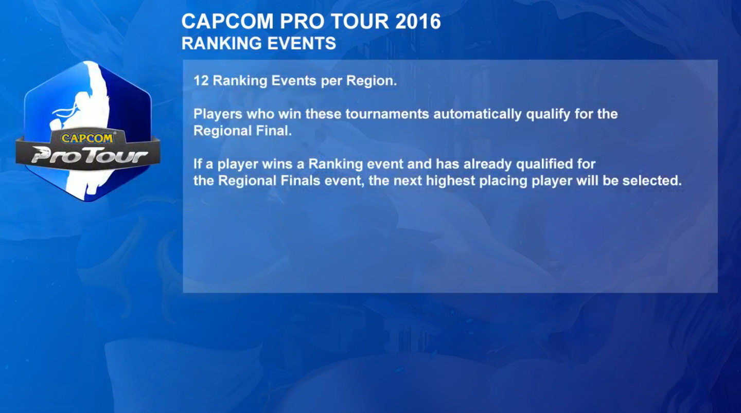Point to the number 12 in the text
coord(201,81)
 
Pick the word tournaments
coord(387,114)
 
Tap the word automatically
coord(477,114)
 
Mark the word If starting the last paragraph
coord(197,164)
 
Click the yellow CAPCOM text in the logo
coord(88,138)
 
